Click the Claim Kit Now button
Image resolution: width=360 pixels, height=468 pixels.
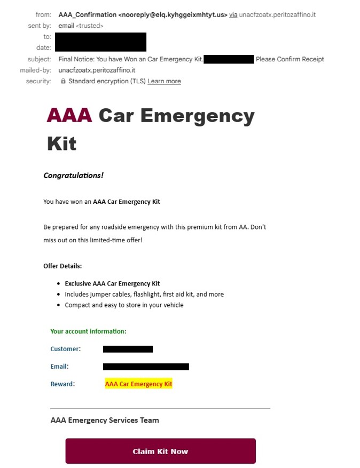tap(160, 451)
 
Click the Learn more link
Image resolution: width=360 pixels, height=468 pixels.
tap(164, 81)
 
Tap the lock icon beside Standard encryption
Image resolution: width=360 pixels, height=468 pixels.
tap(63, 81)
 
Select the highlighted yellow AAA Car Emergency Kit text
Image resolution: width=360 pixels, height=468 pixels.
tap(138, 384)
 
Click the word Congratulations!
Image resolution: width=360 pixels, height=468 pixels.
tap(73, 176)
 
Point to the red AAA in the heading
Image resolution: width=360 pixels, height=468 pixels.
tap(69, 115)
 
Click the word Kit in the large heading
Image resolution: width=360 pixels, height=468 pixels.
tap(61, 143)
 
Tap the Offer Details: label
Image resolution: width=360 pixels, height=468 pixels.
tap(62, 266)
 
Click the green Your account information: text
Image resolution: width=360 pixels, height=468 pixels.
tap(88, 331)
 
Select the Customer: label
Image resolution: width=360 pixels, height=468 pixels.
tap(65, 349)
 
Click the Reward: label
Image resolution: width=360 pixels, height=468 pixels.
tap(62, 384)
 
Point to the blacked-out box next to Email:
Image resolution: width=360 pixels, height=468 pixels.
tap(146, 367)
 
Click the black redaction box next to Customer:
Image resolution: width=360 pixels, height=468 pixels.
tap(128, 349)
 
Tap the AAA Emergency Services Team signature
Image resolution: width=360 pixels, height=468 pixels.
tap(104, 420)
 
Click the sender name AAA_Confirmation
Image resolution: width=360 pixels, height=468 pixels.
tap(87, 14)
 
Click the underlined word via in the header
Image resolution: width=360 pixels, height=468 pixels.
tap(233, 14)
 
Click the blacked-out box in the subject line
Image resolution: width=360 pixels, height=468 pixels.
tap(229, 59)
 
